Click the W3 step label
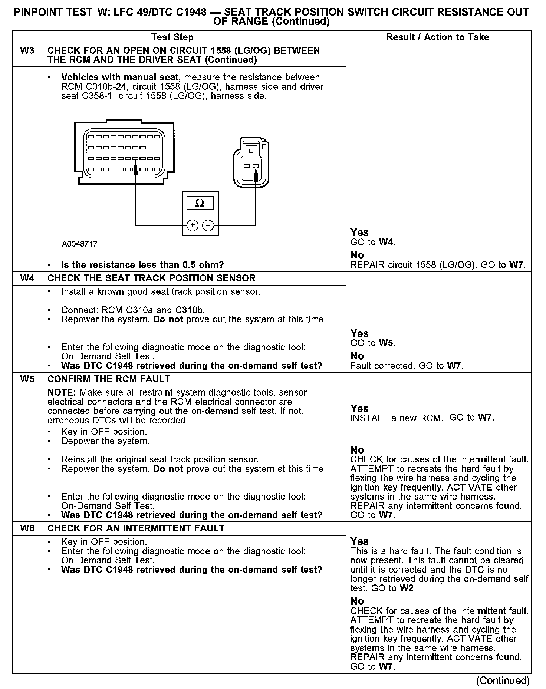[x=27, y=51]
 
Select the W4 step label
[x=27, y=278]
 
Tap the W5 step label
[x=27, y=379]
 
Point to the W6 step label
[x=27, y=528]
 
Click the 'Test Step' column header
[x=172, y=37]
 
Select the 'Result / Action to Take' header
[x=438, y=37]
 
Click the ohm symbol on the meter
[x=200, y=203]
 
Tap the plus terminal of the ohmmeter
[x=192, y=225]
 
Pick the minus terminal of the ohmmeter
[x=208, y=225]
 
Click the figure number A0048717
[x=79, y=244]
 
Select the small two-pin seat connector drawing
[x=251, y=163]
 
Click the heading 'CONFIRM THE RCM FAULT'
[x=109, y=379]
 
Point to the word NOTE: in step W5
[x=62, y=393]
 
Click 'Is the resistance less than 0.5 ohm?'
[x=142, y=265]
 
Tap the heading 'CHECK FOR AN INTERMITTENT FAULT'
[x=136, y=528]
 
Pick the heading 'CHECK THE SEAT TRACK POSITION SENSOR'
[x=151, y=278]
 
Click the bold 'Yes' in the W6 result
[x=359, y=541]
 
